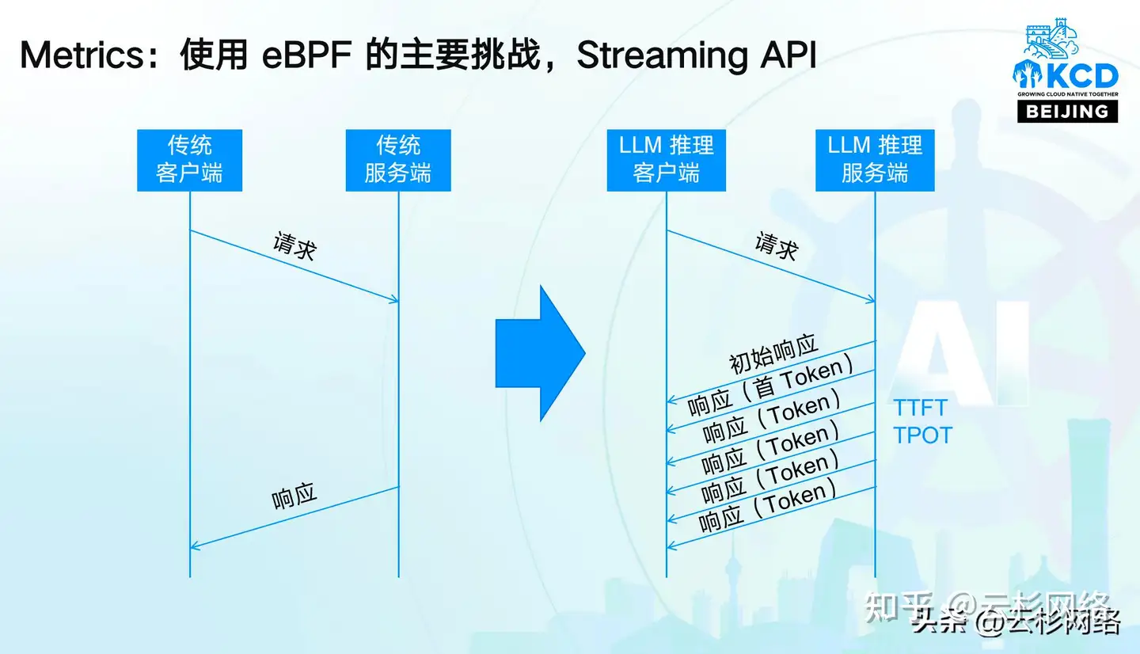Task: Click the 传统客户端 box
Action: point(189,160)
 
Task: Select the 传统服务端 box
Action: point(398,160)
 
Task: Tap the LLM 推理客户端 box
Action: point(666,160)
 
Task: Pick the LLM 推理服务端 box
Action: point(875,160)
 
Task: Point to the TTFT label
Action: point(920,408)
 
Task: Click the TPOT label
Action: point(922,435)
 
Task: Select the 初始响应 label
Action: point(773,355)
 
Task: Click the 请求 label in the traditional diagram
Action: point(294,246)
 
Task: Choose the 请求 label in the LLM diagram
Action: point(776,246)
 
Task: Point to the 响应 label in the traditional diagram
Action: point(294,496)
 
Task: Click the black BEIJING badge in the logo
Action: point(1067,112)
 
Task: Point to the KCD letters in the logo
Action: point(1081,77)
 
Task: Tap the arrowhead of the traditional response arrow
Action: point(194,546)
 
